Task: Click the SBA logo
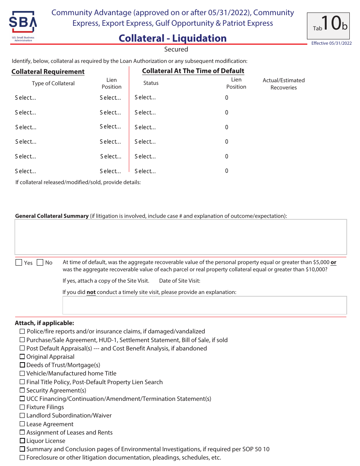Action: [23, 27]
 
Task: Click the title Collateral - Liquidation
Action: [172, 38]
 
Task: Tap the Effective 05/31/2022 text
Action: [331, 43]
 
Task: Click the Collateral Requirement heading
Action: [48, 72]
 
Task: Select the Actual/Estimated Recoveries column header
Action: [283, 84]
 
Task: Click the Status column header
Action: [151, 83]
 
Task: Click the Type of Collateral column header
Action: [53, 83]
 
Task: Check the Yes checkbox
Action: [19, 263]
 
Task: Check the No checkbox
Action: [40, 263]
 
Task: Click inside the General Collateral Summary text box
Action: [180, 237]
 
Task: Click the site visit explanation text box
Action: [204, 305]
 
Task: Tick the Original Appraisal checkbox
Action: [22, 357]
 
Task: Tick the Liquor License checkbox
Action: [22, 441]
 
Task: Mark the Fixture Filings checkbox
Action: [22, 407]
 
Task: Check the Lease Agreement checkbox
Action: [22, 424]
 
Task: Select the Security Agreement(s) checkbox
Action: [22, 390]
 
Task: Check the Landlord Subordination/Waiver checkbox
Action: [22, 415]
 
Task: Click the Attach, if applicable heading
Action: [44, 323]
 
